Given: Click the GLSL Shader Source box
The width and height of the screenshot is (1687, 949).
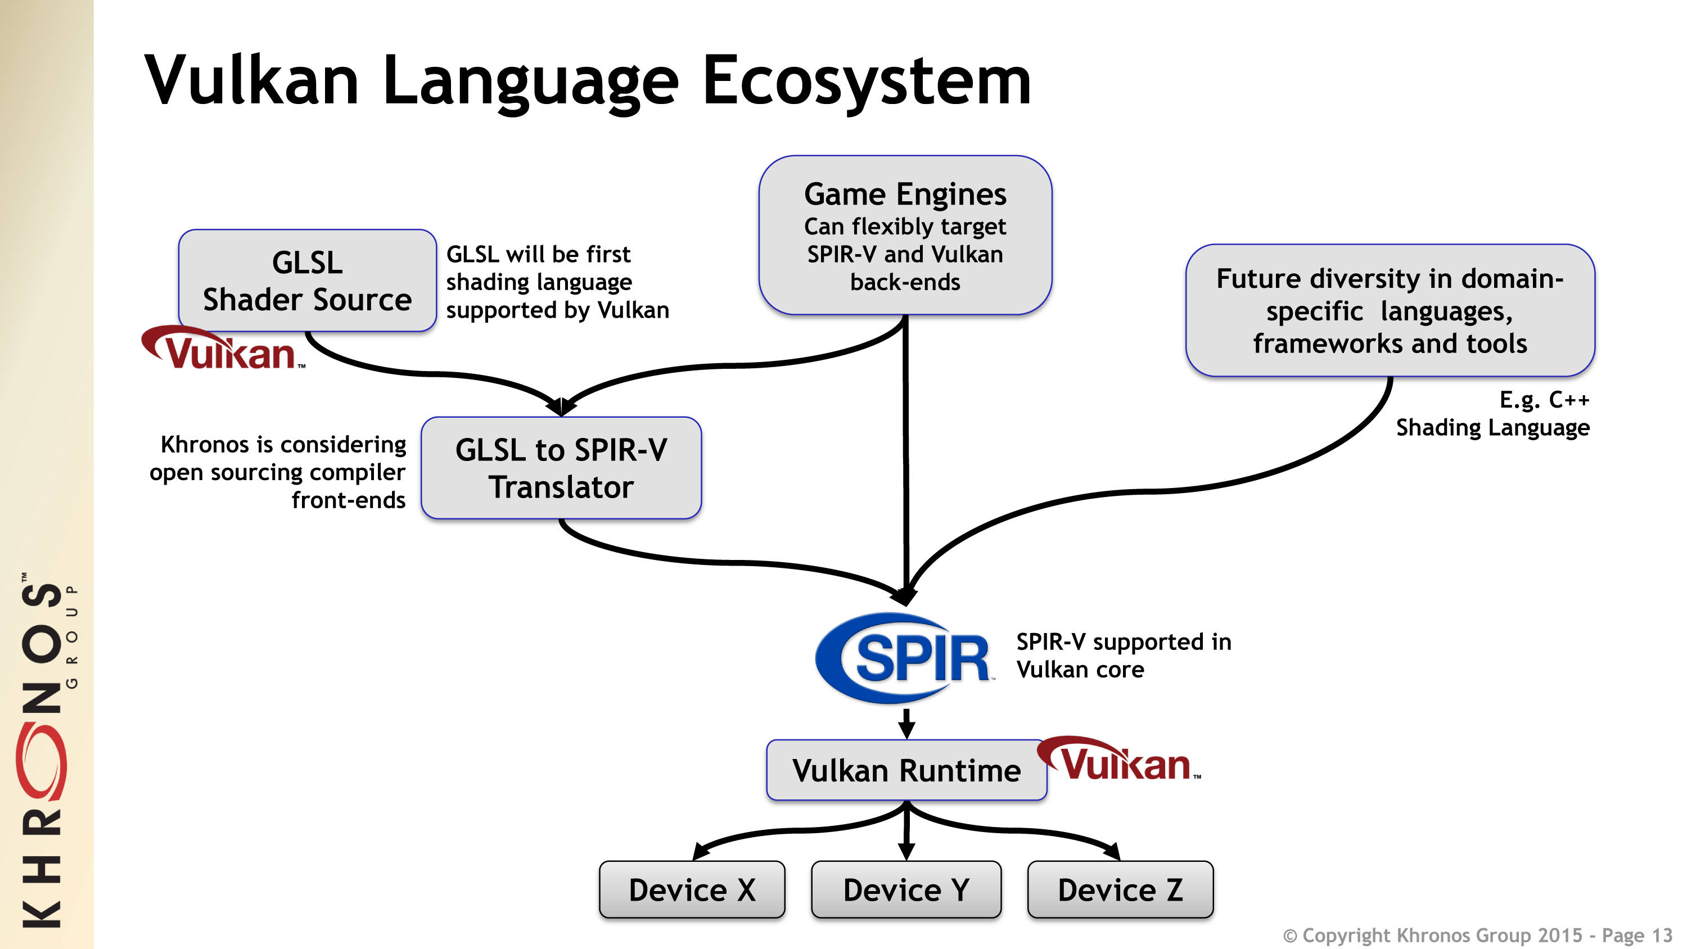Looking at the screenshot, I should [307, 281].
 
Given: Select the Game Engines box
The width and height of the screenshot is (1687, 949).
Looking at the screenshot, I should [905, 236].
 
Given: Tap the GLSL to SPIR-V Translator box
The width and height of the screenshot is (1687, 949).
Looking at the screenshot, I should [561, 468].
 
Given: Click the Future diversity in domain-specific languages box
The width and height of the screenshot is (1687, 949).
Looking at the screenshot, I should [1390, 310].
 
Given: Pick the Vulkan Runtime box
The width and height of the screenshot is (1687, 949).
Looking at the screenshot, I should [906, 770].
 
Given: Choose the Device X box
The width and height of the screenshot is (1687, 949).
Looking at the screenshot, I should [692, 889].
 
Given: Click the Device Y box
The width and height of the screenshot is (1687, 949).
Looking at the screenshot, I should [906, 889].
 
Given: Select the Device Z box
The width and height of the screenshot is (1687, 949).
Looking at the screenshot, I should [1120, 889].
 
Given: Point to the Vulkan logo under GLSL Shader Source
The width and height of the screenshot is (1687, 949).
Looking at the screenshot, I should [223, 349].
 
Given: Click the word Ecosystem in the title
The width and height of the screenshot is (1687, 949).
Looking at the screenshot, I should [866, 81].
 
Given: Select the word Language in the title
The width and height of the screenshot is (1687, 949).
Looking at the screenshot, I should [530, 81].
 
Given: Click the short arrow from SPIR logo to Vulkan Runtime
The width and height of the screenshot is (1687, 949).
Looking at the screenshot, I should [906, 723].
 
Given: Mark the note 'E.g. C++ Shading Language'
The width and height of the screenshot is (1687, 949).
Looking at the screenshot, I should [1493, 413].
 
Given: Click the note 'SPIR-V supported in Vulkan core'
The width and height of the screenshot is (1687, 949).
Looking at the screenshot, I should [1123, 656].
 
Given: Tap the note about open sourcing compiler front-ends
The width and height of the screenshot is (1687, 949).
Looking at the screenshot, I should [278, 472].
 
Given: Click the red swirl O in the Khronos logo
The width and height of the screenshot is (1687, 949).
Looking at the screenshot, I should [40, 763].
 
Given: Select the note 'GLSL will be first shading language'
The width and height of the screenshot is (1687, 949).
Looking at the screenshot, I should [557, 282].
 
